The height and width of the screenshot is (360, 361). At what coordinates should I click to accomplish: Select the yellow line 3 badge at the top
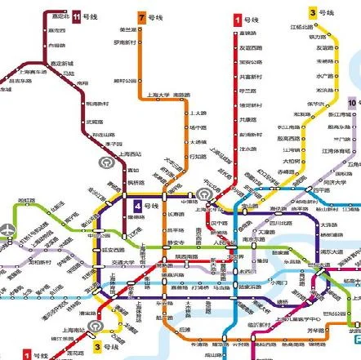pos(313,12)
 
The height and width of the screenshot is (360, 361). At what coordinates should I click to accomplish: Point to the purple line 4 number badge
pos(139,205)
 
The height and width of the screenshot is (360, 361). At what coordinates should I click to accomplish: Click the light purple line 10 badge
pos(353,103)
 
